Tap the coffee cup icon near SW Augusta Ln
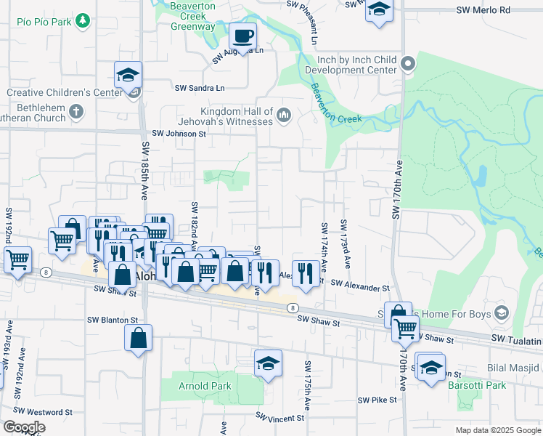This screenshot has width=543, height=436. point(243,35)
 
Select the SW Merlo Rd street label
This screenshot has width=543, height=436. point(483,10)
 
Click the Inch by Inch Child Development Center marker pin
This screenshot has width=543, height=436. point(408,64)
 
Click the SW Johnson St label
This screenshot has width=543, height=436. point(179,134)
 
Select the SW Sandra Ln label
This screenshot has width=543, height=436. point(200,87)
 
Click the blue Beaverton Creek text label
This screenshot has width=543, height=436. point(336,105)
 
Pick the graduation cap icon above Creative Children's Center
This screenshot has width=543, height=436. point(128,75)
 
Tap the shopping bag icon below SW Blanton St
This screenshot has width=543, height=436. point(138,338)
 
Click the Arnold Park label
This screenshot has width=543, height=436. point(205,386)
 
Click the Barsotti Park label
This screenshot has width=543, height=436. point(476,385)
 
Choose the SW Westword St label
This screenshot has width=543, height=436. point(47,412)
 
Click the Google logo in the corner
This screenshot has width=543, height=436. point(23,427)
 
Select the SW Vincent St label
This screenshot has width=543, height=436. point(279,418)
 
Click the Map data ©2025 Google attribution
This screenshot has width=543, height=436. point(497,430)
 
